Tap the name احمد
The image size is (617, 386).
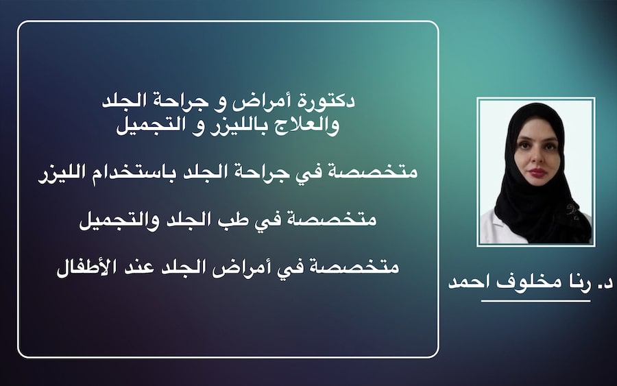pos(465,282)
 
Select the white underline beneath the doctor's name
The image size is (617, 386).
pos(535,300)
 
